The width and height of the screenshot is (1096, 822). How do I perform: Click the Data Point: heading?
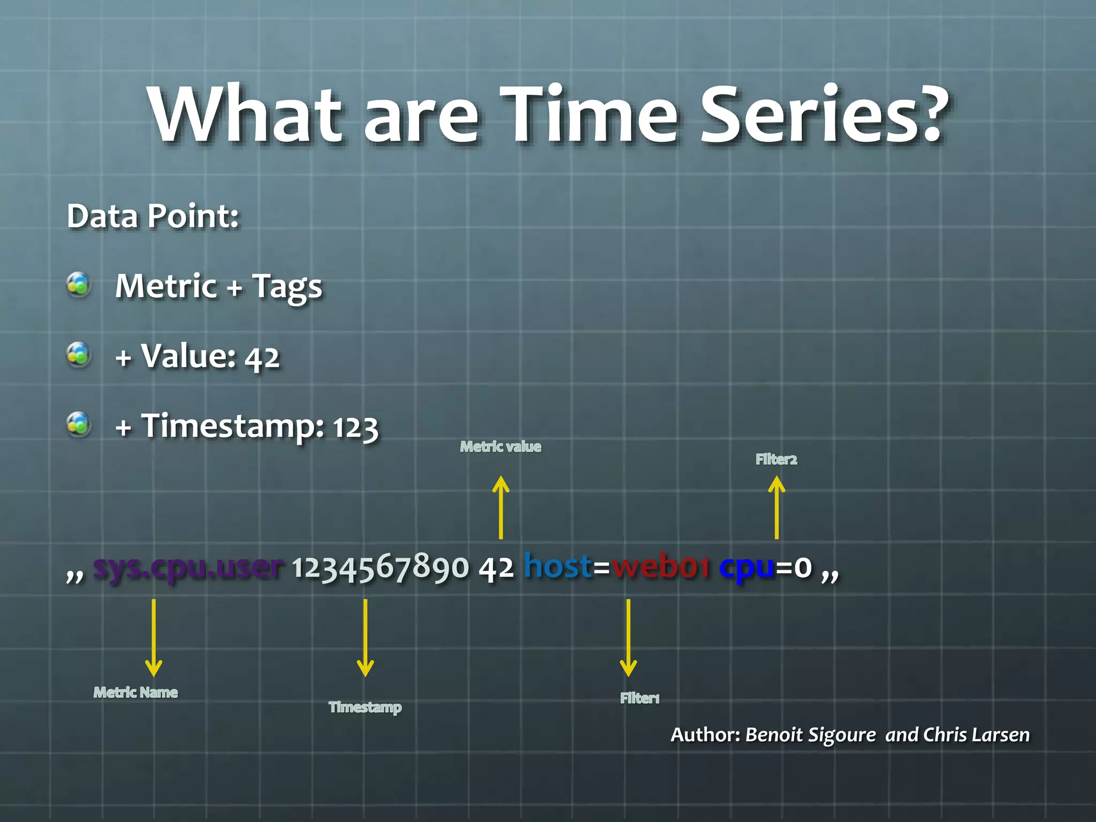pos(153,216)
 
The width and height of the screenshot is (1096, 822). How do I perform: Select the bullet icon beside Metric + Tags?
pos(79,284)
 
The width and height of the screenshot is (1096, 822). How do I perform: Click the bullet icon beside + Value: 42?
pos(79,354)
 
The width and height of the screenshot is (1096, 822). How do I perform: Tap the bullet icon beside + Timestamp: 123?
pos(79,424)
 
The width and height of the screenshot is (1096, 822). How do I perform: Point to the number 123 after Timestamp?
pos(355,428)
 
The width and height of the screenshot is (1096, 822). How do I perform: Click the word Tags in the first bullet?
pos(287,287)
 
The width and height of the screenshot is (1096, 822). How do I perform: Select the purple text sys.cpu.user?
pos(187,567)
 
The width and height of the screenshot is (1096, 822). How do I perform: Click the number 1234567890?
pos(380,567)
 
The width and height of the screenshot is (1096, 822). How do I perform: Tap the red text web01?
pos(661,567)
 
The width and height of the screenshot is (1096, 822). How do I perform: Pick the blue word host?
pos(558,566)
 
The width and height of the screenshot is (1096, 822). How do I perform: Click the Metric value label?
pos(500,446)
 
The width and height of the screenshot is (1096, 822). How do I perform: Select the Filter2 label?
pos(776,459)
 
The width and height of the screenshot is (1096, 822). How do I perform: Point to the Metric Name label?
pos(135,692)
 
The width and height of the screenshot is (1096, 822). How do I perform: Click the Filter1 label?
pos(640,698)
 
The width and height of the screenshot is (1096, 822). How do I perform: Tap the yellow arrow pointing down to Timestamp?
pos(365,637)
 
